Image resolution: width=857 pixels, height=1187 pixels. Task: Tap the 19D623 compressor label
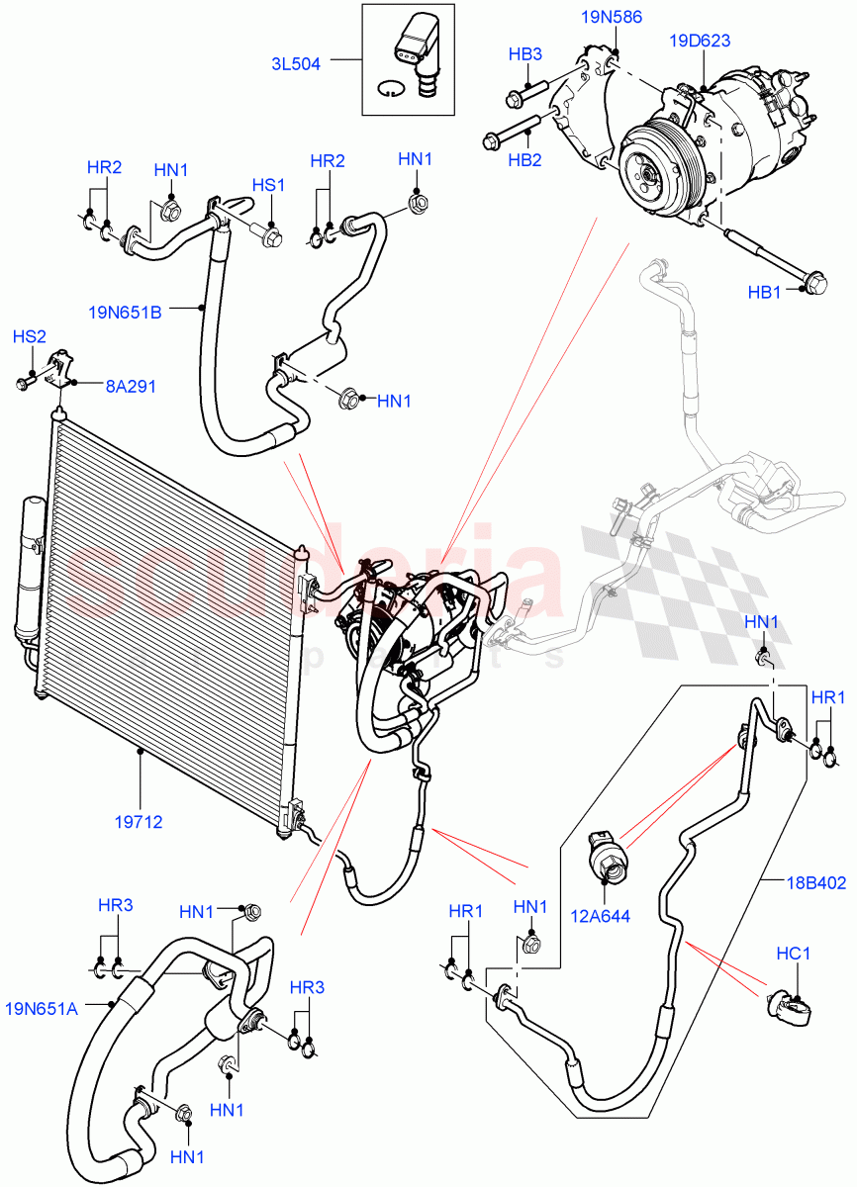700,42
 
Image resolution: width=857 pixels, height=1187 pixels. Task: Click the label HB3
524,54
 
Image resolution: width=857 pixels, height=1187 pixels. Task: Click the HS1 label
267,185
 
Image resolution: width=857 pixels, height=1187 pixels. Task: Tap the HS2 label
29,337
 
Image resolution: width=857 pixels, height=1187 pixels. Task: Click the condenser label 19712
139,821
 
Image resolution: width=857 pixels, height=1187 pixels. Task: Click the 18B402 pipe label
816,883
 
